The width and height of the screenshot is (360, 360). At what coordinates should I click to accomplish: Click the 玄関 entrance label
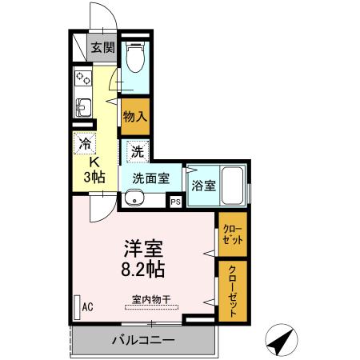(x=102, y=48)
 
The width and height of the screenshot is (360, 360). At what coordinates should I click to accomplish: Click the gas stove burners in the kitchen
(x=83, y=78)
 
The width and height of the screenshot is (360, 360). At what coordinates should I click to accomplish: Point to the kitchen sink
(x=83, y=106)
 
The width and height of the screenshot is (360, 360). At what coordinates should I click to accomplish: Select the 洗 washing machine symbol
(x=137, y=150)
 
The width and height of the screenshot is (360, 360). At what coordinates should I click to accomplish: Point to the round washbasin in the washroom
(x=131, y=198)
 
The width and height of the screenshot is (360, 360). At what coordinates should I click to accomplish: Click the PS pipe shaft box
(x=175, y=202)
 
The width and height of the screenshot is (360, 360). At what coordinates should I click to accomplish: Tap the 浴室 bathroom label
(x=203, y=185)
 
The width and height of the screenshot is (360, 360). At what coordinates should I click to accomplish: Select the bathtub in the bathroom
(x=233, y=186)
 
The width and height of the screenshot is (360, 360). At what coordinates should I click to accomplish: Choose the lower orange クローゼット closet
(x=231, y=290)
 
